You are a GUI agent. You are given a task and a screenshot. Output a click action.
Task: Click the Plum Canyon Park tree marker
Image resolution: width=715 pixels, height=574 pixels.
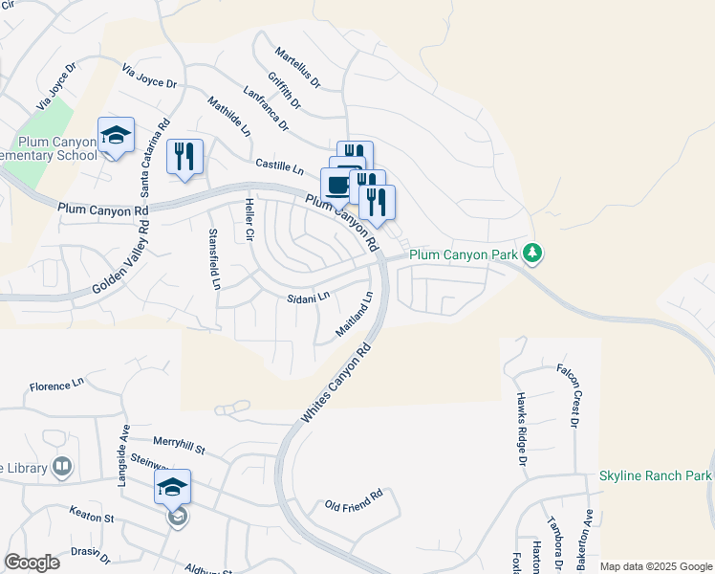533,254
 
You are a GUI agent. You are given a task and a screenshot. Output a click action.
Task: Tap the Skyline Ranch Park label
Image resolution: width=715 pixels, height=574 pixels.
657,475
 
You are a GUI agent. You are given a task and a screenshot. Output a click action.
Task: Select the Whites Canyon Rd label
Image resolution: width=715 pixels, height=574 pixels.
336,386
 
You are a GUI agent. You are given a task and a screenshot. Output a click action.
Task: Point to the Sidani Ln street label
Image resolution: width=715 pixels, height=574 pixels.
308,298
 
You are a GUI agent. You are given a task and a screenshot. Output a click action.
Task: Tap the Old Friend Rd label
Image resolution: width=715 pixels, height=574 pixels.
353,499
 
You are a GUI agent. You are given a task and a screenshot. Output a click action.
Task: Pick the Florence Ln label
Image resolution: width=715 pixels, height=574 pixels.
57,385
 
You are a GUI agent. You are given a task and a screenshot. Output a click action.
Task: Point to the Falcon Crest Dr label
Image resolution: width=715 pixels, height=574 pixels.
570,394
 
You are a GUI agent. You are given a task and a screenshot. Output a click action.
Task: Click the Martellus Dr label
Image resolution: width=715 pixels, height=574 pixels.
297,65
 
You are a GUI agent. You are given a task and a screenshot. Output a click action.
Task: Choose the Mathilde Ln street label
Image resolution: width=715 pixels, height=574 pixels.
229,115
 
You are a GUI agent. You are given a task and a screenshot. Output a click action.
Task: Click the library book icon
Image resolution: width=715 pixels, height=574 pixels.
62,467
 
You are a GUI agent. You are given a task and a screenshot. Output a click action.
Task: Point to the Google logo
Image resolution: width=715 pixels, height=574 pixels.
32,563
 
